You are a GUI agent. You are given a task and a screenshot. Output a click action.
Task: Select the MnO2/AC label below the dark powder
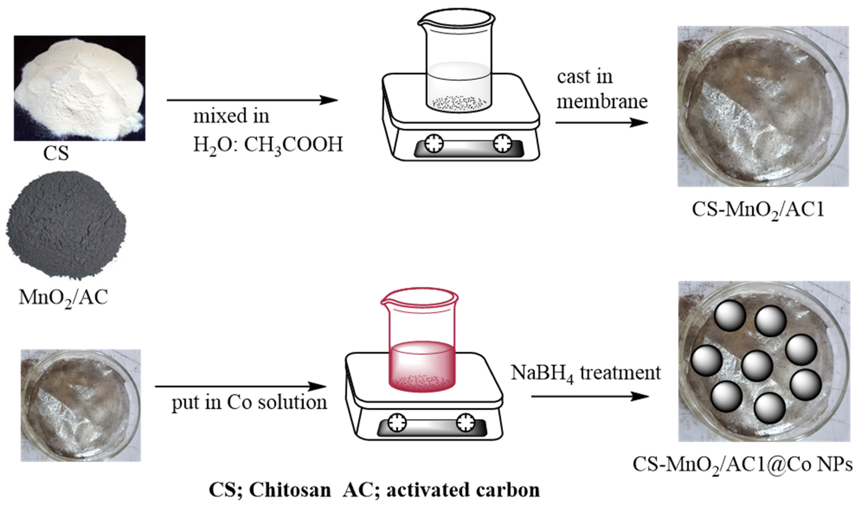pyautogui.click(x=63, y=297)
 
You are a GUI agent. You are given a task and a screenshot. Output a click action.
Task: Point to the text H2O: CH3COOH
pyautogui.click(x=268, y=145)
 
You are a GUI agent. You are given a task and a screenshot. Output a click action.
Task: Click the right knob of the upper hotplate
pyautogui.click(x=502, y=144)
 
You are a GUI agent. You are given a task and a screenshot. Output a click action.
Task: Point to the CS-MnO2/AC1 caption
pyautogui.click(x=758, y=210)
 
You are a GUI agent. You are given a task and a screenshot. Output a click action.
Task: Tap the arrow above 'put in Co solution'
pyautogui.click(x=240, y=387)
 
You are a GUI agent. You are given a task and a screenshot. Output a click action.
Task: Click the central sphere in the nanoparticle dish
pyautogui.click(x=757, y=366)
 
